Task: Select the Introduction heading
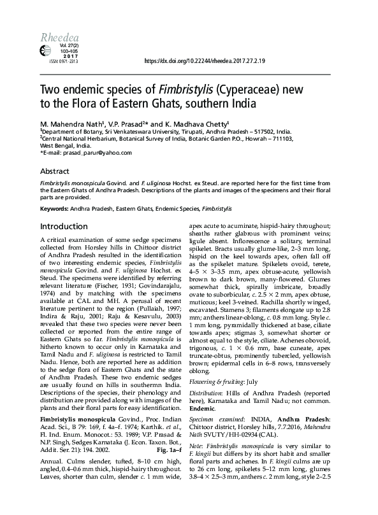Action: [x=64, y=227]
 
